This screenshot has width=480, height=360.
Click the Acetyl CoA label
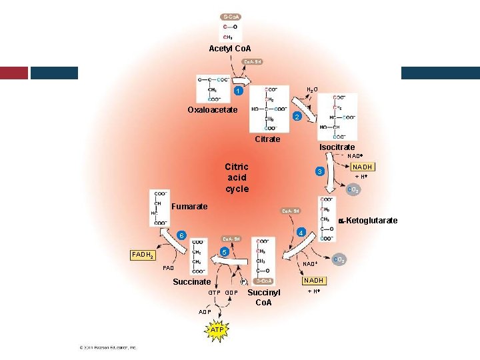pos(230,49)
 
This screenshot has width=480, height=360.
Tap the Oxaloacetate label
pos(212,110)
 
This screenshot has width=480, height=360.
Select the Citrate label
pos(267,139)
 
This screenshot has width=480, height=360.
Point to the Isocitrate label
pos(337,147)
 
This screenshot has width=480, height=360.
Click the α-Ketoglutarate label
pos(369,221)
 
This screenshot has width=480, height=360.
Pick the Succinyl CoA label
pos(264,298)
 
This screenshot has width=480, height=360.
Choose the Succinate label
pos(192,282)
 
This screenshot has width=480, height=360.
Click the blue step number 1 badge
pos(237,91)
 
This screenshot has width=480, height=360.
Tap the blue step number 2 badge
pos(297,117)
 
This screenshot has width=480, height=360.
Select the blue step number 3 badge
pos(320,172)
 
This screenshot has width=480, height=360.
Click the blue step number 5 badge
pos(225,252)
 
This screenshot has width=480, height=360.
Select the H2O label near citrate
pos(311,89)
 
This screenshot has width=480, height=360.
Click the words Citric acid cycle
pos(237,178)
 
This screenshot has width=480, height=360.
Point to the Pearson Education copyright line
pos(107,347)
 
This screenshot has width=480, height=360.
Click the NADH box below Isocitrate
pos(363,167)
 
